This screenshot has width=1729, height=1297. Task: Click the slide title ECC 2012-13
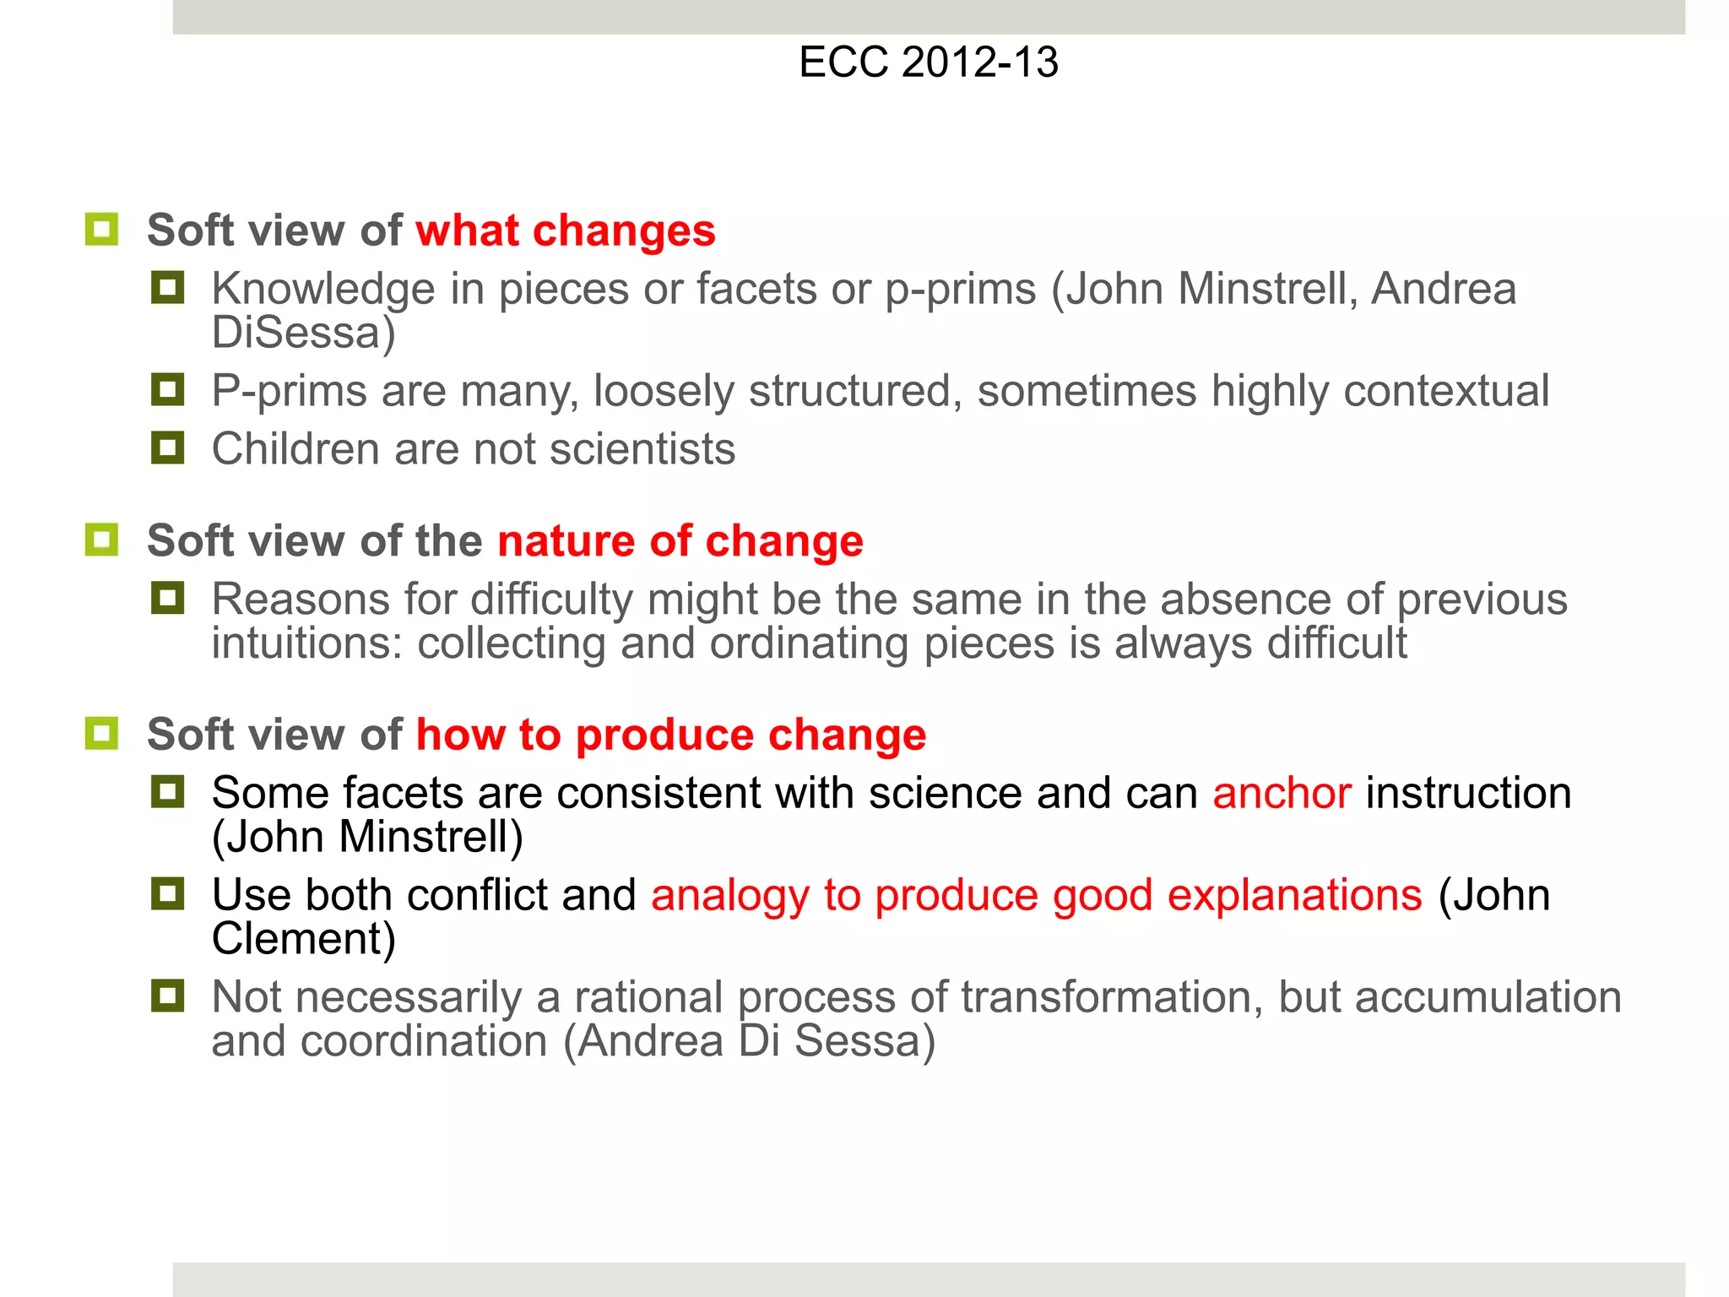click(x=928, y=62)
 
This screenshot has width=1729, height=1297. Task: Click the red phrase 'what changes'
click(x=565, y=231)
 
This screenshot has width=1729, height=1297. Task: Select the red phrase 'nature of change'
click(x=680, y=540)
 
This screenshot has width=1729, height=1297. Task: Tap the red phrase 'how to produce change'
click(x=670, y=734)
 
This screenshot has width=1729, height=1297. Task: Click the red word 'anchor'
click(x=1282, y=793)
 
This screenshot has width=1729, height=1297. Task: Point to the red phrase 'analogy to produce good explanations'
click(x=1036, y=895)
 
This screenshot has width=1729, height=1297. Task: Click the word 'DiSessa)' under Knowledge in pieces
click(x=303, y=333)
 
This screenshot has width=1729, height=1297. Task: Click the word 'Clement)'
click(x=303, y=939)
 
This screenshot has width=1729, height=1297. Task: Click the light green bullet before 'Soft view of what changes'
click(x=101, y=229)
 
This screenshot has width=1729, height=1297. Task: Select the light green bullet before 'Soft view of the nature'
click(x=101, y=540)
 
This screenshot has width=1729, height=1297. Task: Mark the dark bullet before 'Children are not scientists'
click(x=167, y=448)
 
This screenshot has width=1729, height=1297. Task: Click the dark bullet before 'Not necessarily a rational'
click(x=167, y=996)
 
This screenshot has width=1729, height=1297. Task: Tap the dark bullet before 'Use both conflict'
click(x=167, y=893)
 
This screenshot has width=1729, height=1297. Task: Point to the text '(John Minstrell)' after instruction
click(x=367, y=837)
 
